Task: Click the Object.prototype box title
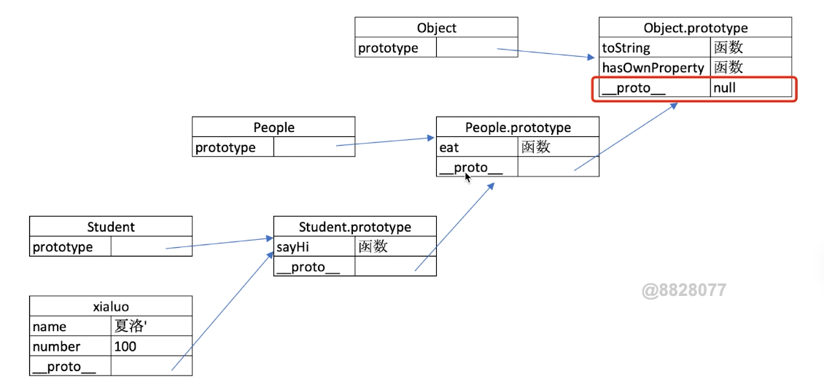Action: (695, 28)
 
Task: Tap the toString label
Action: (626, 48)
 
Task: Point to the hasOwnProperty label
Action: (653, 68)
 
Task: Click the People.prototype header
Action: (518, 127)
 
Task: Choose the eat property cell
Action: (449, 148)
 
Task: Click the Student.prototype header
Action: (354, 227)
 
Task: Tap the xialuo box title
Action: (111, 306)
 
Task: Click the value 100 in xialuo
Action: (125, 347)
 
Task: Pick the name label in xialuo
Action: (50, 327)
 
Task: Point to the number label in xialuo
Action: (56, 347)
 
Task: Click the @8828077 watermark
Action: (684, 290)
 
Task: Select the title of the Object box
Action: (436, 28)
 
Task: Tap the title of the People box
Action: (273, 127)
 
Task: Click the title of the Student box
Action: (111, 227)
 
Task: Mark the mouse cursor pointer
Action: (467, 178)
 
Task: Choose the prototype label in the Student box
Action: (63, 247)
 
